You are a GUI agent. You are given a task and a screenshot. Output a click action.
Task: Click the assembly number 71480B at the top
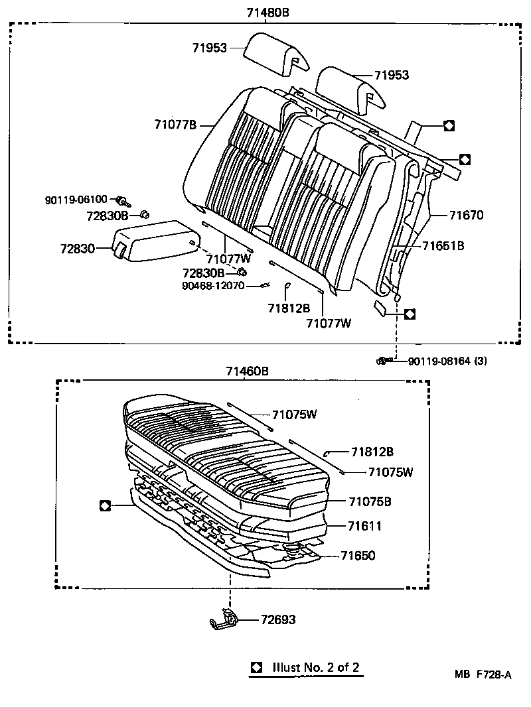click(267, 13)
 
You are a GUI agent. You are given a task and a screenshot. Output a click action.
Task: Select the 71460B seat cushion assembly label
click(246, 371)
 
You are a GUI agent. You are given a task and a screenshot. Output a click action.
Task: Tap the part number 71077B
click(175, 124)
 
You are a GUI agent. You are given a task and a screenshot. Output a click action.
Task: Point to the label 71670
click(466, 216)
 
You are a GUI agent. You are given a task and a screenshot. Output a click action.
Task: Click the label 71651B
click(443, 245)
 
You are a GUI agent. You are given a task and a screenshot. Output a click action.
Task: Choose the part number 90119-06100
click(76, 200)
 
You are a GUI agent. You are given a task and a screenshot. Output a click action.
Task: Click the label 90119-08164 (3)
click(448, 361)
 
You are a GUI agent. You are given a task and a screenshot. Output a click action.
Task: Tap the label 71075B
click(370, 501)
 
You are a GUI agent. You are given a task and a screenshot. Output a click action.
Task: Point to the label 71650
click(358, 556)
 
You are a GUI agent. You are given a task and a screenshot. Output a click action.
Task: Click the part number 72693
click(277, 620)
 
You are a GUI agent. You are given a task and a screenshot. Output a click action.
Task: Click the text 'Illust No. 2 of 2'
click(316, 667)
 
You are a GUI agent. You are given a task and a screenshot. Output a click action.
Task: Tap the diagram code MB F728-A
click(483, 675)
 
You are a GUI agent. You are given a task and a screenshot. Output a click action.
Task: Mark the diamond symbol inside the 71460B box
click(104, 505)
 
